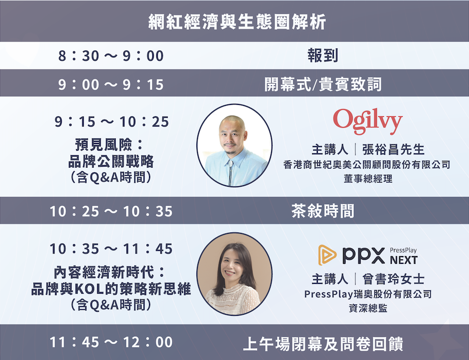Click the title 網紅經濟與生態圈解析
[x=237, y=22]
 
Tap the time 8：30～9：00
[x=111, y=56]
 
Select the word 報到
[x=323, y=56]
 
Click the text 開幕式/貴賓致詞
[x=323, y=84]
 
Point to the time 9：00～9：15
[x=111, y=84]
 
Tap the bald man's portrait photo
[x=234, y=146]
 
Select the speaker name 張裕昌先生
[x=393, y=150]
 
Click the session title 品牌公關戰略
[x=111, y=162]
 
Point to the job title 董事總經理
[x=368, y=179]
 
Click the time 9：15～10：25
[x=112, y=122]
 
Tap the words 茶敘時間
[x=323, y=211]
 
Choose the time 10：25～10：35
[x=111, y=211]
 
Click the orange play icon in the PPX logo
[x=327, y=255]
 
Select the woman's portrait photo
[x=234, y=274]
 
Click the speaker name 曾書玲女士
[x=393, y=279]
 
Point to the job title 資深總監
[x=368, y=308]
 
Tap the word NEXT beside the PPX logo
[x=404, y=260]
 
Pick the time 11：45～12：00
[x=111, y=343]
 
